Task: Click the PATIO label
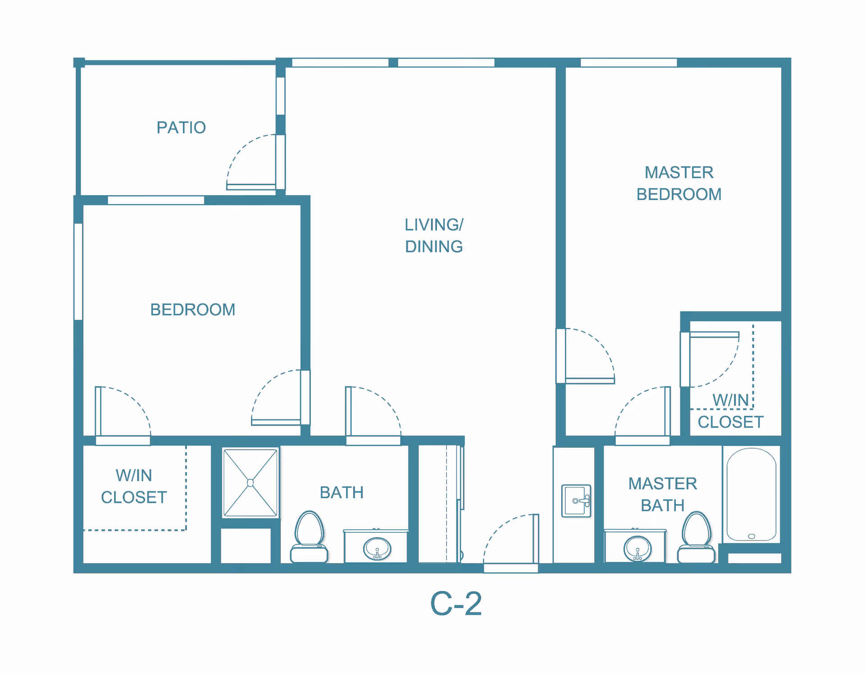coord(181,127)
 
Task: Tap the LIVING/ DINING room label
coord(434,236)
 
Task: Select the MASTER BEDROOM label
coord(679,183)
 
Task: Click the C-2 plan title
coord(456,604)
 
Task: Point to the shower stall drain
coord(250,483)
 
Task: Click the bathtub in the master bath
coord(751,494)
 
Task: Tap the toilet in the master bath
coord(697,537)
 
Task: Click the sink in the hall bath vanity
coord(377,548)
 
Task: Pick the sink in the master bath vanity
coord(637,548)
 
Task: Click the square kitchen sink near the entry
coord(576,501)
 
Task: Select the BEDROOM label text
coord(193,310)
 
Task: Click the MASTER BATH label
coord(663,495)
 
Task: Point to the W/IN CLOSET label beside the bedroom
coord(134,487)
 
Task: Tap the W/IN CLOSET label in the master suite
coord(730,411)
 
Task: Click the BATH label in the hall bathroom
coord(341,493)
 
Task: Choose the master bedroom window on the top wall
coord(628,63)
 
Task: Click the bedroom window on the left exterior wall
coord(78,272)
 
